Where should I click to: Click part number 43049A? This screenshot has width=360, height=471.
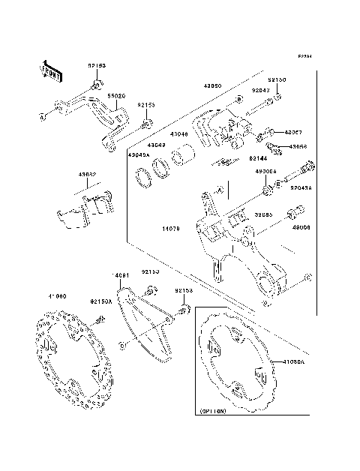[139, 155]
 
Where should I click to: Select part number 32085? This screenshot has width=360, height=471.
[262, 214]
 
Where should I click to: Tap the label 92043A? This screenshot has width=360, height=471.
[301, 188]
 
